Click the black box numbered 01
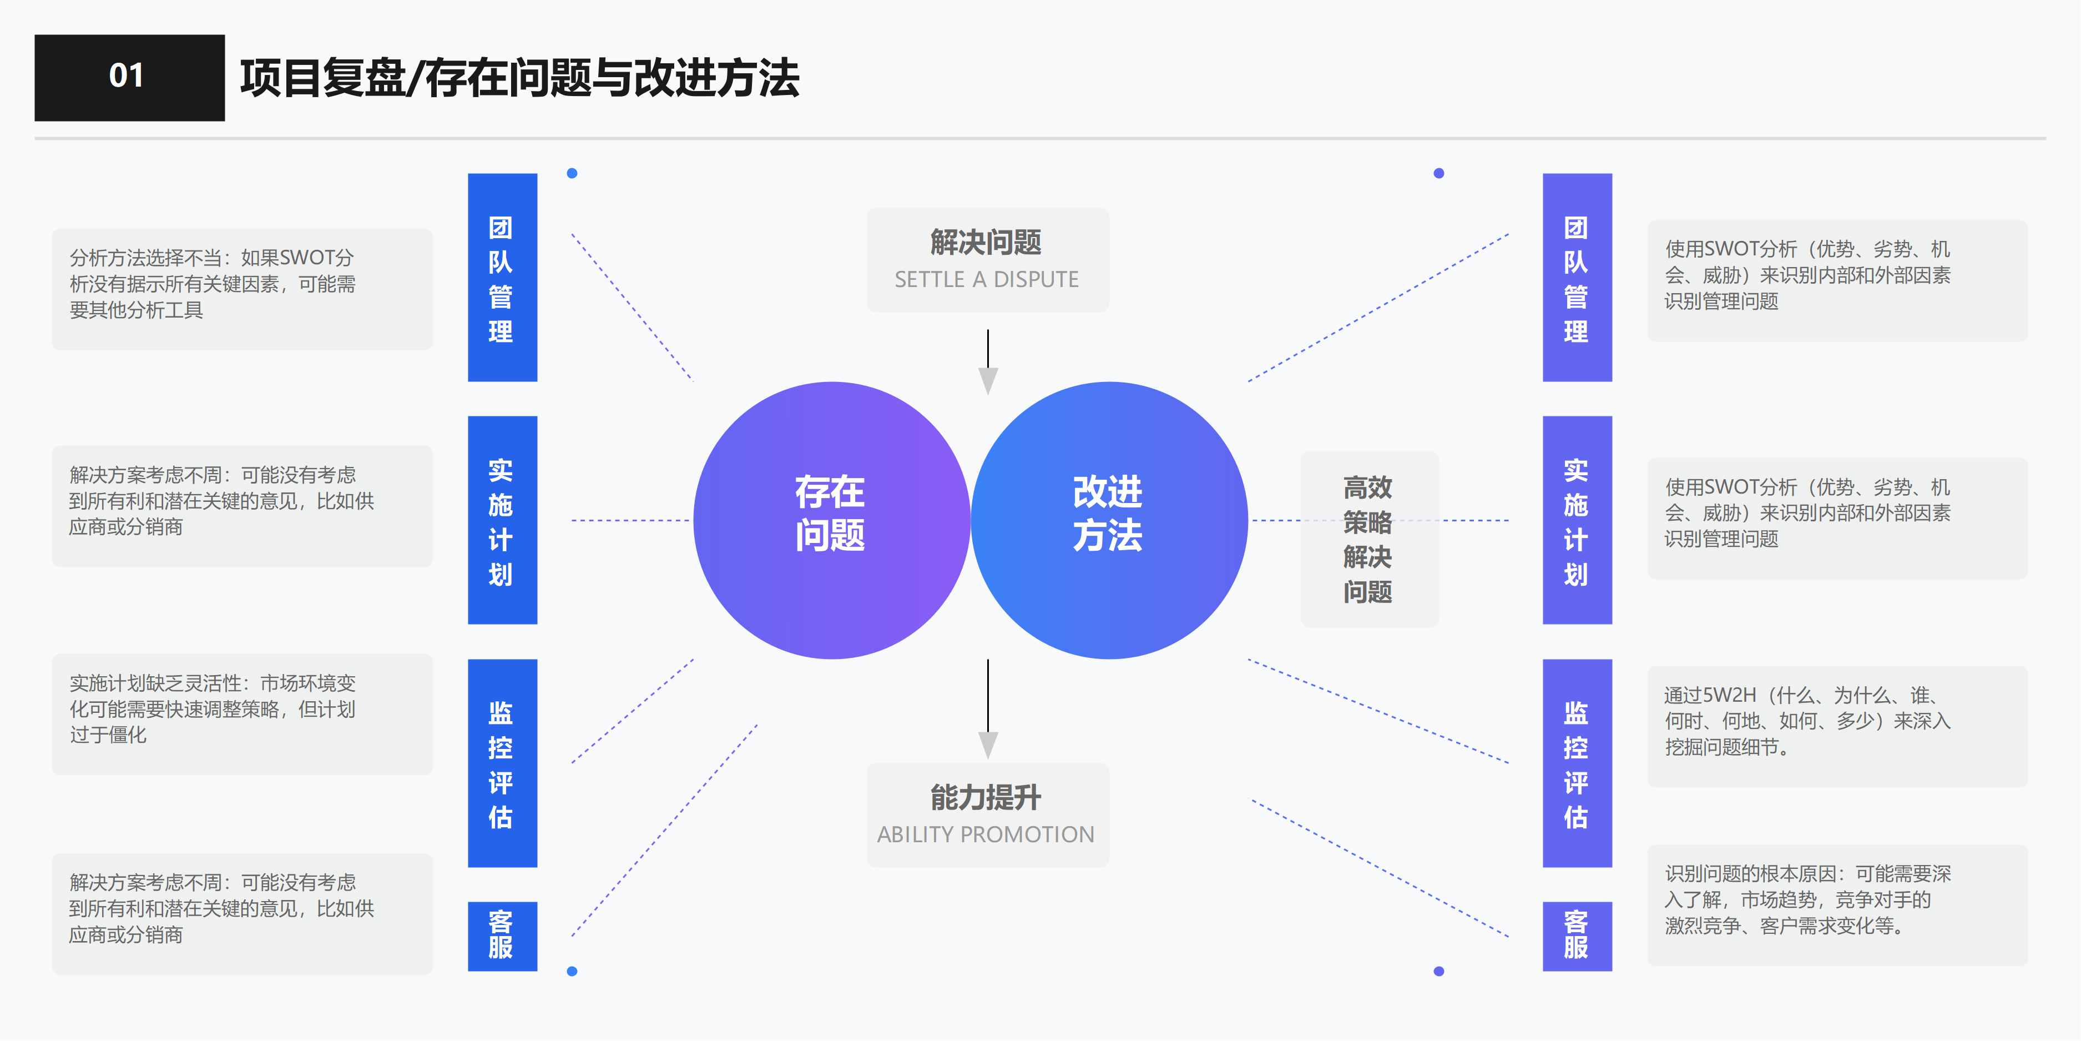tap(129, 78)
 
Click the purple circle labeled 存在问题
tap(831, 520)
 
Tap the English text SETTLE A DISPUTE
tap(986, 280)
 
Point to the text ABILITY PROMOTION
tap(986, 834)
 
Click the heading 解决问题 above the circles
tap(986, 242)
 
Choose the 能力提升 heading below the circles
tap(986, 797)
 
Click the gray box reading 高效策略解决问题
tap(1368, 539)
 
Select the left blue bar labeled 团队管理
tap(502, 277)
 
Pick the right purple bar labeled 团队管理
tap(1576, 277)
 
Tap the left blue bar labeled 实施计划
tap(502, 520)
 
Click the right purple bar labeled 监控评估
tap(1576, 763)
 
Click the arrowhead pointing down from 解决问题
tap(988, 380)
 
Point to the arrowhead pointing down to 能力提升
tap(988, 743)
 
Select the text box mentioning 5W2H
tap(1836, 725)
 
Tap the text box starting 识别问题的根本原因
tap(1836, 904)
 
